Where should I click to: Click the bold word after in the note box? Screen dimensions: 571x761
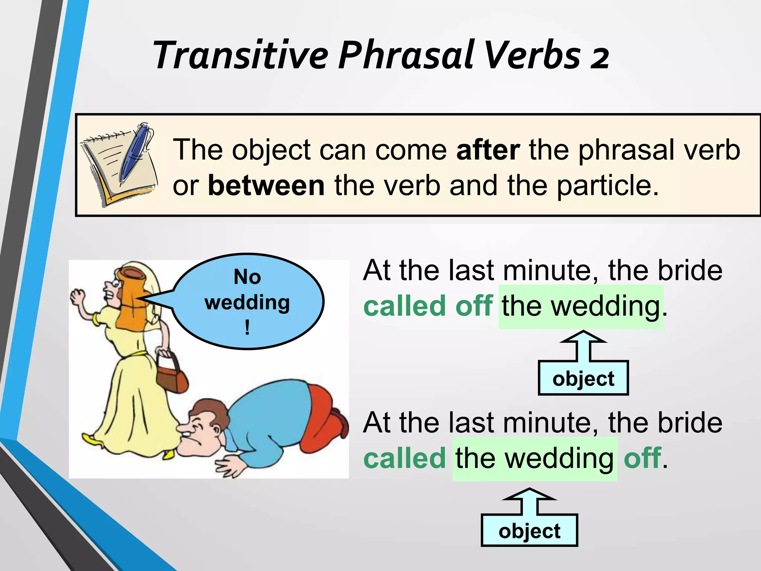[x=488, y=150]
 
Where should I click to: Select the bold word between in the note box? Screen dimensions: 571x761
[x=266, y=186]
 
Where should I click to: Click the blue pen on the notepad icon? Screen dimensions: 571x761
[x=136, y=152]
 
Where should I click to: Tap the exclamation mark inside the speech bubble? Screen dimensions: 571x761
[x=247, y=328]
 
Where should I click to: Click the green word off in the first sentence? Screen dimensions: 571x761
[x=474, y=306]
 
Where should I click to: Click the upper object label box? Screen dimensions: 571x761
[x=583, y=378]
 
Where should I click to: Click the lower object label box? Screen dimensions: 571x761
[x=529, y=530]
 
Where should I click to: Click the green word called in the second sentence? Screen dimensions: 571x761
[x=404, y=458]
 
